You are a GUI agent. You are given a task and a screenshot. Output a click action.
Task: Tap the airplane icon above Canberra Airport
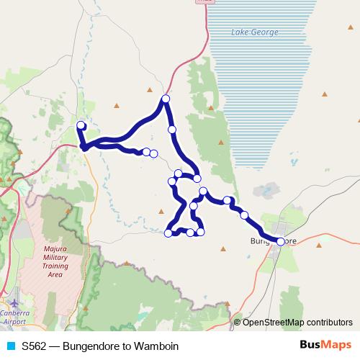click(x=15, y=303)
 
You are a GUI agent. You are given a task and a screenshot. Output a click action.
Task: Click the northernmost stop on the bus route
click(x=166, y=99)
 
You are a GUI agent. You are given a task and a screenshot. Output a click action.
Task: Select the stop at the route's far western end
click(x=81, y=125)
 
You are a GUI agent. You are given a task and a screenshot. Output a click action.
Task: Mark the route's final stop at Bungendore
click(x=280, y=241)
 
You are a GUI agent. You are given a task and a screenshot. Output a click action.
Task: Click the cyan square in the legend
click(x=10, y=346)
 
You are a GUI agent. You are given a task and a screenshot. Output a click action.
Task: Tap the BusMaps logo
click(x=325, y=346)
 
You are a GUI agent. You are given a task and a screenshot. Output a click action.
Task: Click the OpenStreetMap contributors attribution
click(x=297, y=322)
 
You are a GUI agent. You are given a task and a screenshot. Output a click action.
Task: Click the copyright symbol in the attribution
click(x=238, y=322)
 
